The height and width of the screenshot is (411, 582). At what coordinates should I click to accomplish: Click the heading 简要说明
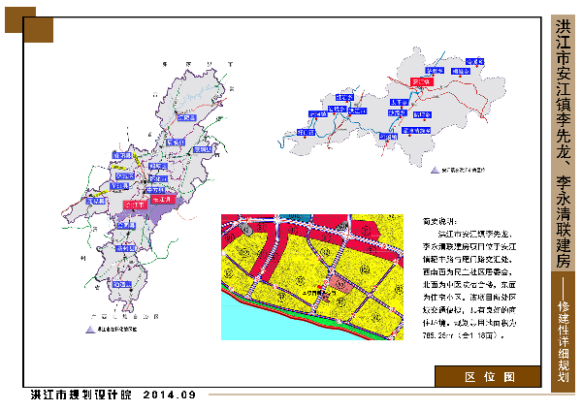tap(438, 222)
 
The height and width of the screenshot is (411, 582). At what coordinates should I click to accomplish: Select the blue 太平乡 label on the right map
tap(397, 101)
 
